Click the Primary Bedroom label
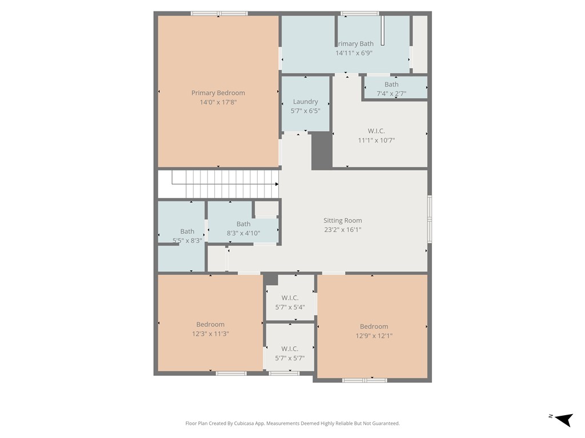coord(218,93)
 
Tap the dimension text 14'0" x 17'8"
coord(218,103)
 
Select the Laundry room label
coord(305,102)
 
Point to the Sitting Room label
coord(343,221)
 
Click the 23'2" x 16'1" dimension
coord(343,230)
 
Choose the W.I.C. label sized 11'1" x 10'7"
coord(376,131)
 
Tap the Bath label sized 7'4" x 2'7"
coord(391,84)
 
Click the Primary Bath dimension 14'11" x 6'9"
coord(354,53)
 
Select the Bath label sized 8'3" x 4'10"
coord(243,224)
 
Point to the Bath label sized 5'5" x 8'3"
coord(187,232)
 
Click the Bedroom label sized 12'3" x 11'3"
coord(210,325)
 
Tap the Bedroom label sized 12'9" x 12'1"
coord(374,327)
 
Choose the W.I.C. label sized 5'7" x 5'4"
coord(290,298)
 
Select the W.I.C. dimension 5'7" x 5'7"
coord(290,358)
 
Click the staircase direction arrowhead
coord(277,184)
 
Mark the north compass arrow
coord(564,420)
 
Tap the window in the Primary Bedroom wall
coord(219,13)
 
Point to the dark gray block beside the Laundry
coord(322,151)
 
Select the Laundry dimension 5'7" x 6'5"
coord(305,111)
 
